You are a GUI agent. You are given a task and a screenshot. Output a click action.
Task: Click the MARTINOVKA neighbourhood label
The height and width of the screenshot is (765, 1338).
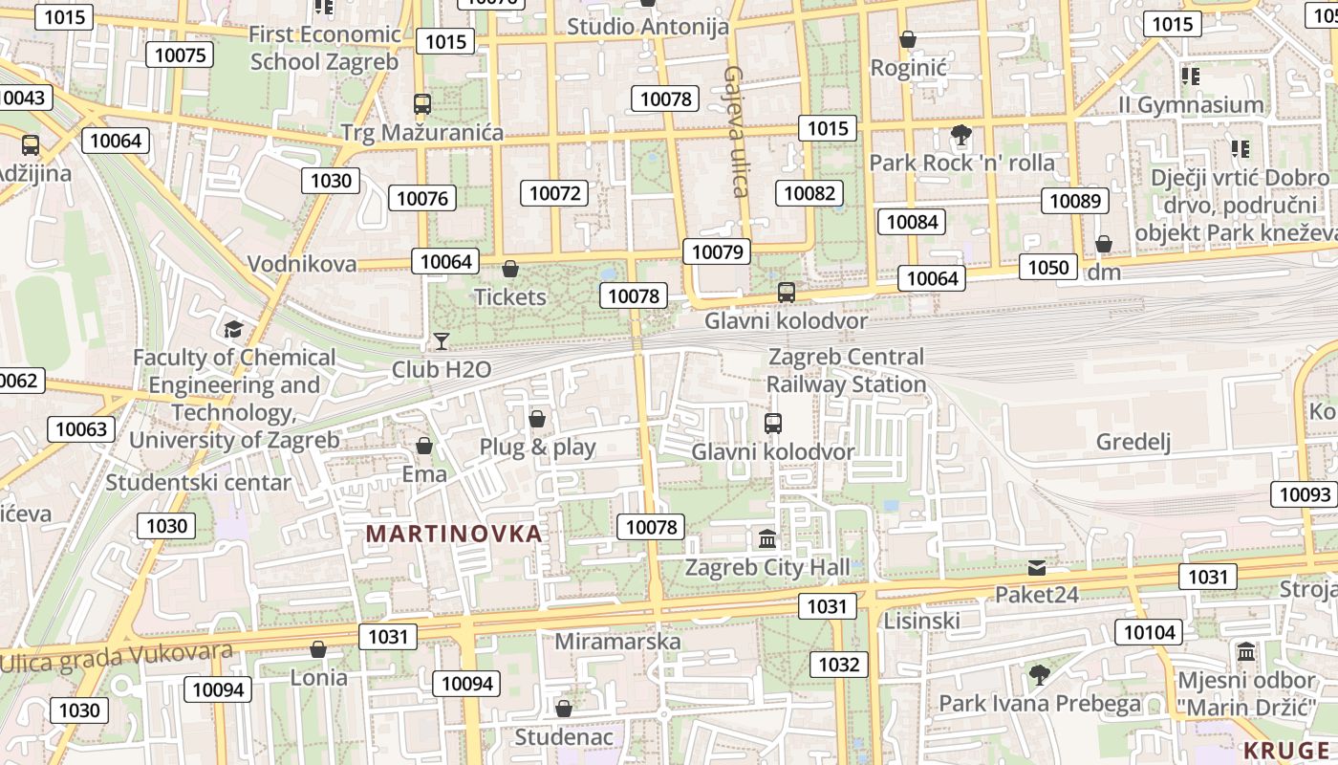454,534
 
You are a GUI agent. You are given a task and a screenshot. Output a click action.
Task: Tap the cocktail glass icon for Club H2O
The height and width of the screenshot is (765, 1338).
441,340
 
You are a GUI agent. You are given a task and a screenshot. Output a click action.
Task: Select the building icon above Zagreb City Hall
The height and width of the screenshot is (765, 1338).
767,539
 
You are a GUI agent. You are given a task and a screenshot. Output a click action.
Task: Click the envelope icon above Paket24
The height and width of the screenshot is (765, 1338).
1037,568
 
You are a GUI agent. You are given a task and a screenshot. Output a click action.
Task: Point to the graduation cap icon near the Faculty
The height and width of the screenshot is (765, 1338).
233,330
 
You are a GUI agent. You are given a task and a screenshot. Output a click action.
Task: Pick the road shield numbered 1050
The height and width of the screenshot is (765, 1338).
1047,267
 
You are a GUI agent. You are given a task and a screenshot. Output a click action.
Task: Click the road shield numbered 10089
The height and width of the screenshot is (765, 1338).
1074,201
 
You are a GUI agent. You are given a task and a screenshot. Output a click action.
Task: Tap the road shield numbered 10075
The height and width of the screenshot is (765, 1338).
180,55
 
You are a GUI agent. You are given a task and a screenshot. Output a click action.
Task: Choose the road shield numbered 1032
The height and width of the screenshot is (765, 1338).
839,665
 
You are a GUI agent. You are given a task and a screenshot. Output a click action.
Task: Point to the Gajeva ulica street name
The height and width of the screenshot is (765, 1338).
735,131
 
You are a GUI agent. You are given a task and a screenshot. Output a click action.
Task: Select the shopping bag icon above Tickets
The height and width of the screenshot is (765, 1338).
510,269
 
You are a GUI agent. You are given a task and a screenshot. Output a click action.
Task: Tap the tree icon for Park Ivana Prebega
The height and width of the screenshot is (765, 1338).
1040,675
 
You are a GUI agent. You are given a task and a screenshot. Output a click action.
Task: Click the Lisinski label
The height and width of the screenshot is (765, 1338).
921,621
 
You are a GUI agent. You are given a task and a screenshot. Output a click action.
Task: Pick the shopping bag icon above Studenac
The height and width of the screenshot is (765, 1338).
564,709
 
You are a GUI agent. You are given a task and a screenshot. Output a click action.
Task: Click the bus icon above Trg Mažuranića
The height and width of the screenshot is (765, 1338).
421,104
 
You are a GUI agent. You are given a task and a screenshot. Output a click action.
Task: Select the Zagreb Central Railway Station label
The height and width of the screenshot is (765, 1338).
846,371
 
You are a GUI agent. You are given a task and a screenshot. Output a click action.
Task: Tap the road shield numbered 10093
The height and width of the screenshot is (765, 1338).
1305,494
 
